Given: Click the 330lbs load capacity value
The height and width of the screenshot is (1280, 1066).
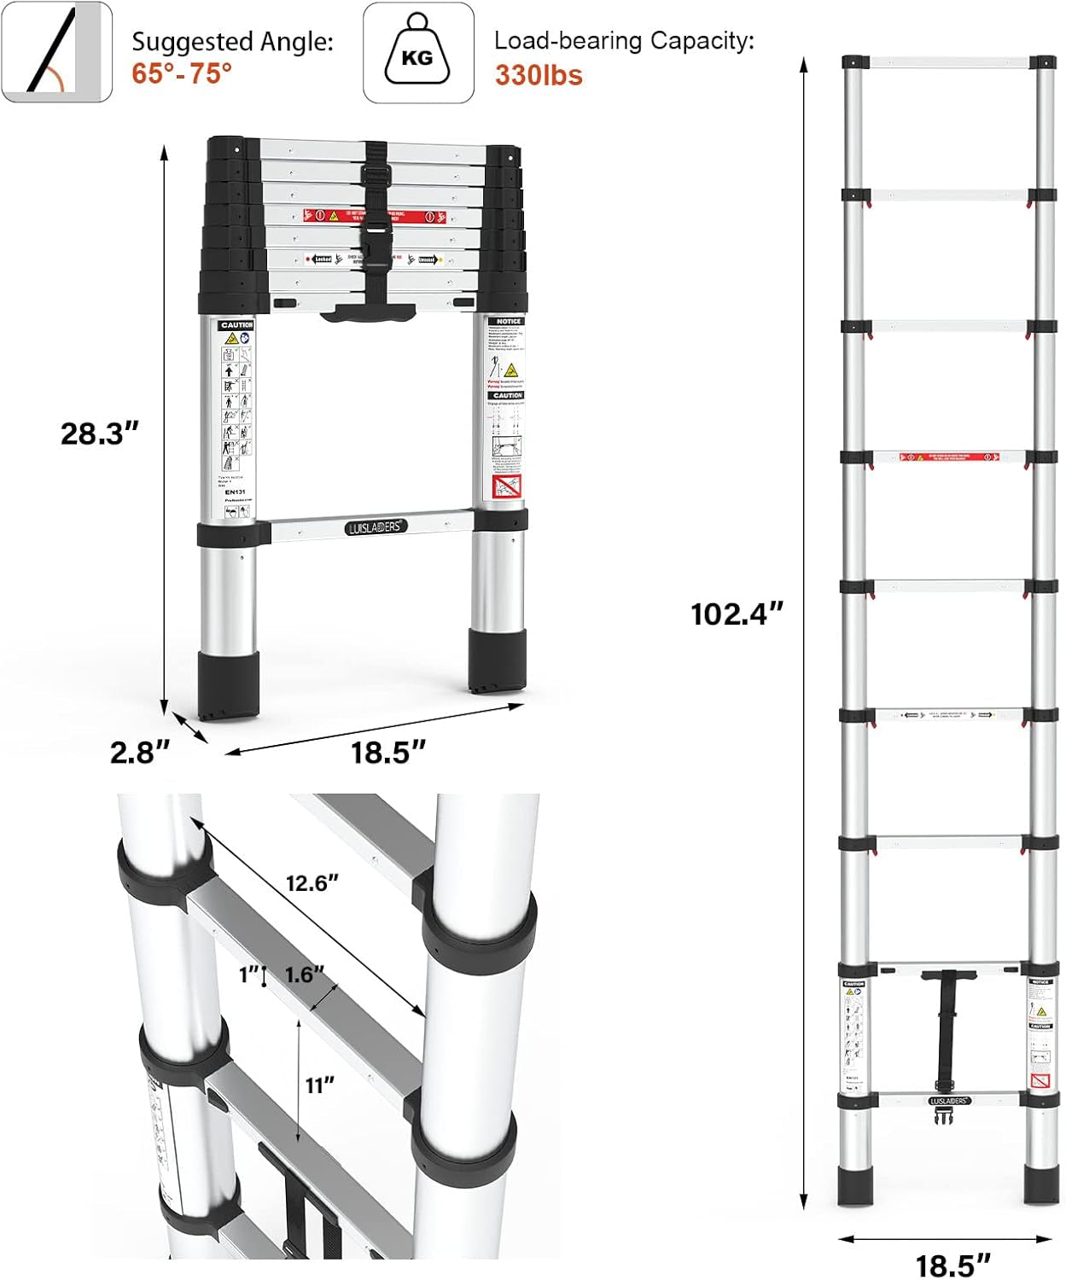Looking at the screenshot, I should [539, 75].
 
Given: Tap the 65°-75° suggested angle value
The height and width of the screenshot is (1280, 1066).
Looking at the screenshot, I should [182, 74].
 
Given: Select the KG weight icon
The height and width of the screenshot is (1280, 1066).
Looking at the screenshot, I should [418, 53].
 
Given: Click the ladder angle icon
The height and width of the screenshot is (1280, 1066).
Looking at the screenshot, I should [56, 53].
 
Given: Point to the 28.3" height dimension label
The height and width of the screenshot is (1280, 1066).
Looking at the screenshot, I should [99, 433].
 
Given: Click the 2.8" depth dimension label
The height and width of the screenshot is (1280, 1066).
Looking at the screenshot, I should [140, 752].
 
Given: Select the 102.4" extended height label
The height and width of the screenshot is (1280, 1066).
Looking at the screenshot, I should [737, 614].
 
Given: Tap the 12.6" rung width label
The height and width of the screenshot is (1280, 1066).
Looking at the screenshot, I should [312, 882].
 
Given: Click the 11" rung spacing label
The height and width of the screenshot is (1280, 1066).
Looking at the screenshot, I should [320, 1085].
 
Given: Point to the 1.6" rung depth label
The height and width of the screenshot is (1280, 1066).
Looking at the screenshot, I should [305, 975].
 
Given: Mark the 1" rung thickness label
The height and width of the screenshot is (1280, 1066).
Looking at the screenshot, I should [249, 974].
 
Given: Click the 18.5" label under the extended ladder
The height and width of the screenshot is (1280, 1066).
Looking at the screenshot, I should [953, 1265].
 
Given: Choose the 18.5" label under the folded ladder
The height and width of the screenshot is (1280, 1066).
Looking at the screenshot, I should [388, 752].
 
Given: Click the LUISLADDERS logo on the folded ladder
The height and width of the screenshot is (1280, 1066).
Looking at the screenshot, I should [376, 527].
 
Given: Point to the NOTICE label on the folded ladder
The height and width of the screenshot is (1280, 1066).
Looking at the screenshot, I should [509, 321].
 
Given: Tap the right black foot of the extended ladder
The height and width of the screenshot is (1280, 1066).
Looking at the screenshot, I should [1041, 1186].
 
